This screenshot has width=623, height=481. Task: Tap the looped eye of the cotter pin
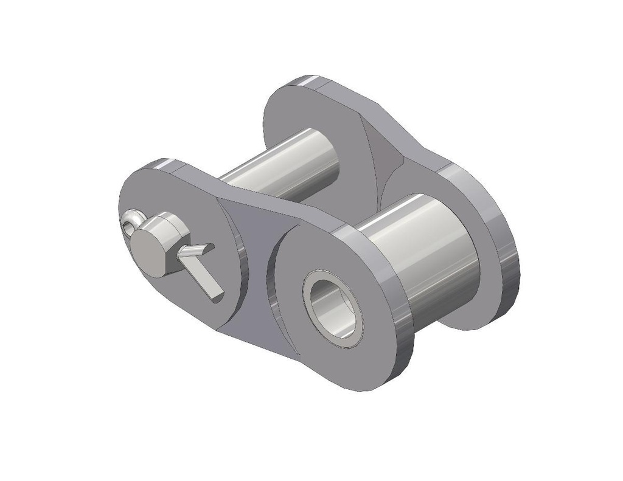coord(131,221)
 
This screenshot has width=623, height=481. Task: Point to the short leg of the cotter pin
coord(198,249)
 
